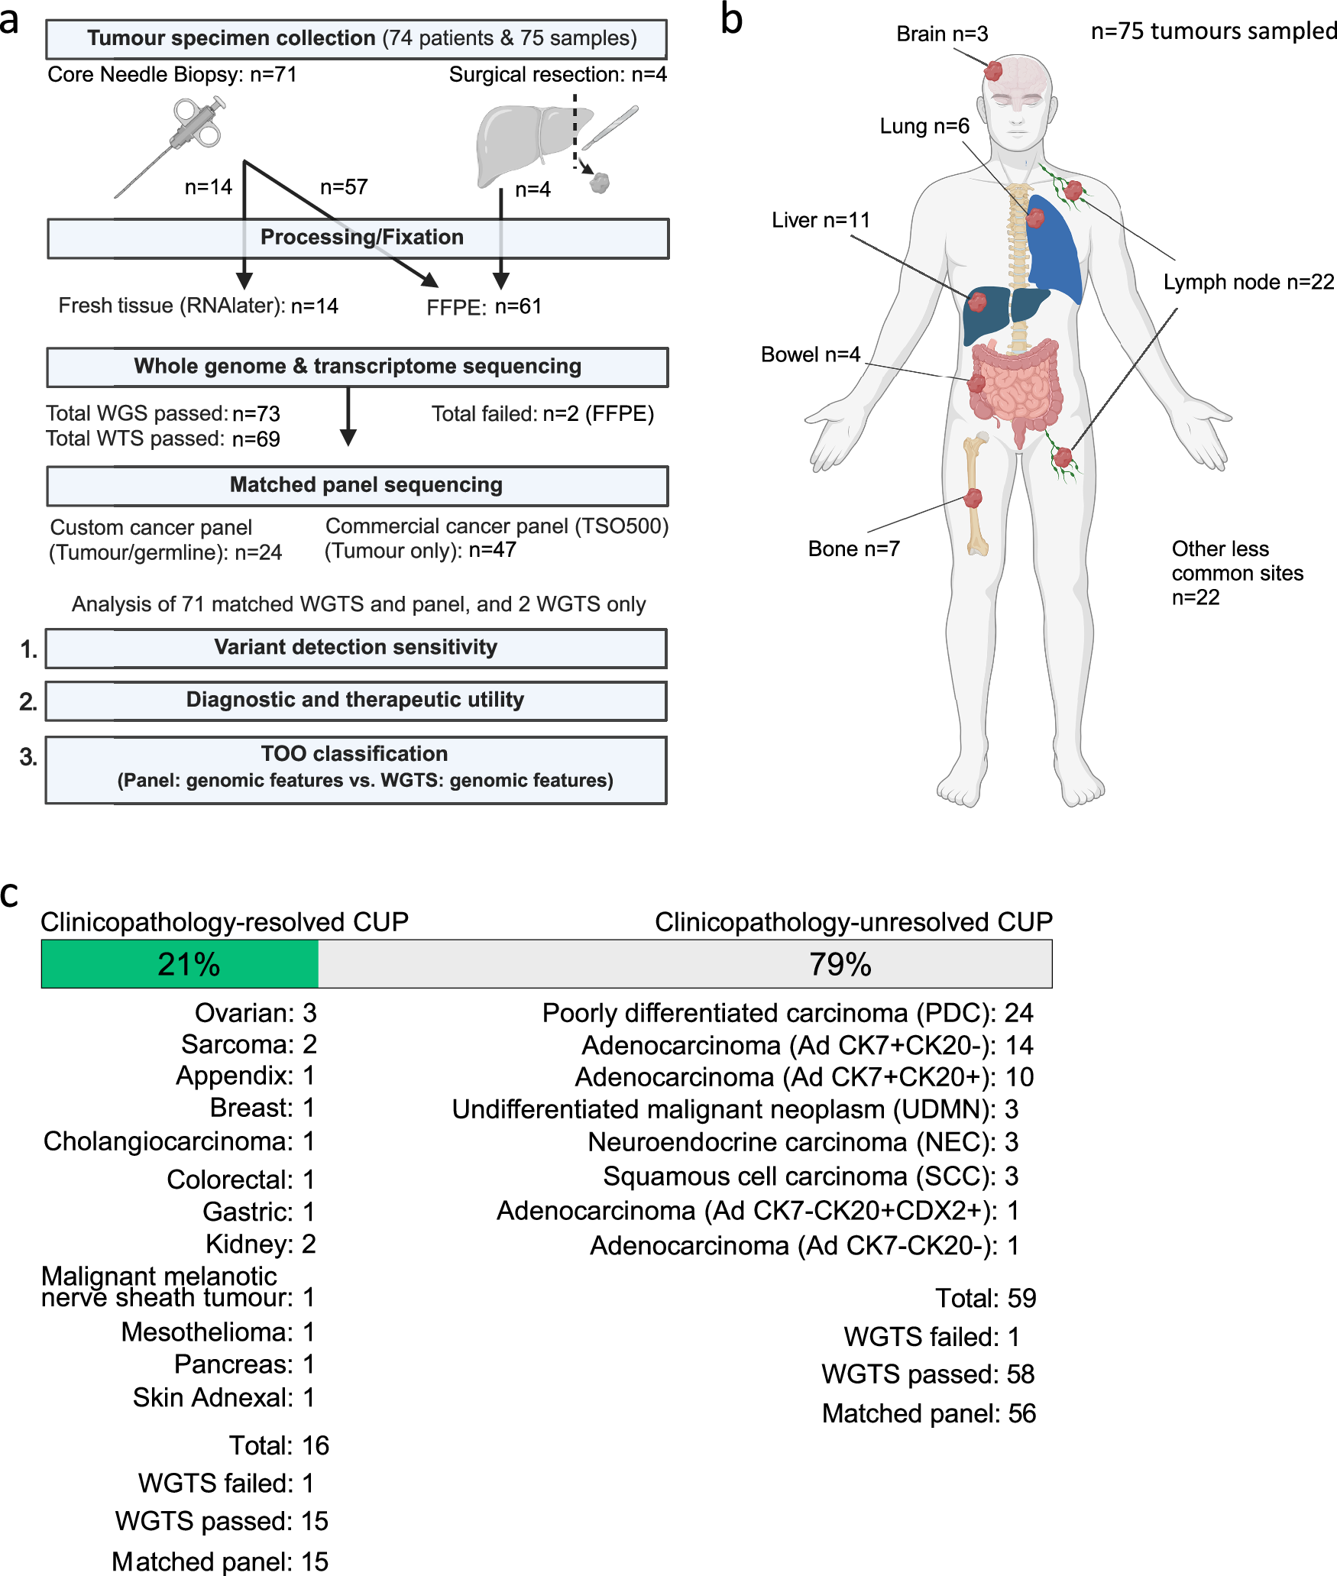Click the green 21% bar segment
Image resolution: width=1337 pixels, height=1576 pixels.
click(180, 964)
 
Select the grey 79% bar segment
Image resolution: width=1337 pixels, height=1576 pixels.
click(685, 964)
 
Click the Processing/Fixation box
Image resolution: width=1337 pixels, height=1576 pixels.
click(358, 238)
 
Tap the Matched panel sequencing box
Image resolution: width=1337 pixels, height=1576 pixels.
click(358, 486)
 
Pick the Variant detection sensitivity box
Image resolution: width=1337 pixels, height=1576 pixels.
click(356, 648)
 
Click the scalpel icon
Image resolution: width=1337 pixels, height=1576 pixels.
click(611, 128)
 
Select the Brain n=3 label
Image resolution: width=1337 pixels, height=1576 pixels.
click(941, 34)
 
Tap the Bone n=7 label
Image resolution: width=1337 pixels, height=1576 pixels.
click(853, 549)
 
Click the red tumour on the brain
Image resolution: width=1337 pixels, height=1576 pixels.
click(992, 72)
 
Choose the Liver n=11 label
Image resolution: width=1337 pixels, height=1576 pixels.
click(821, 220)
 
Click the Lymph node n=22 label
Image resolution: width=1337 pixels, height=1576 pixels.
click(1248, 282)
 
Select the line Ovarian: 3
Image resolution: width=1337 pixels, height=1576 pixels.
click(255, 1013)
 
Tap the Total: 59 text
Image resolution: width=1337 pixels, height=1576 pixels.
click(985, 1298)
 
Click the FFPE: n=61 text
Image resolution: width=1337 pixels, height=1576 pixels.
click(484, 307)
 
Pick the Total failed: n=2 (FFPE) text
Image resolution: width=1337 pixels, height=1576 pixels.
click(542, 414)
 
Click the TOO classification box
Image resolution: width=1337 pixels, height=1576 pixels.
click(356, 769)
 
